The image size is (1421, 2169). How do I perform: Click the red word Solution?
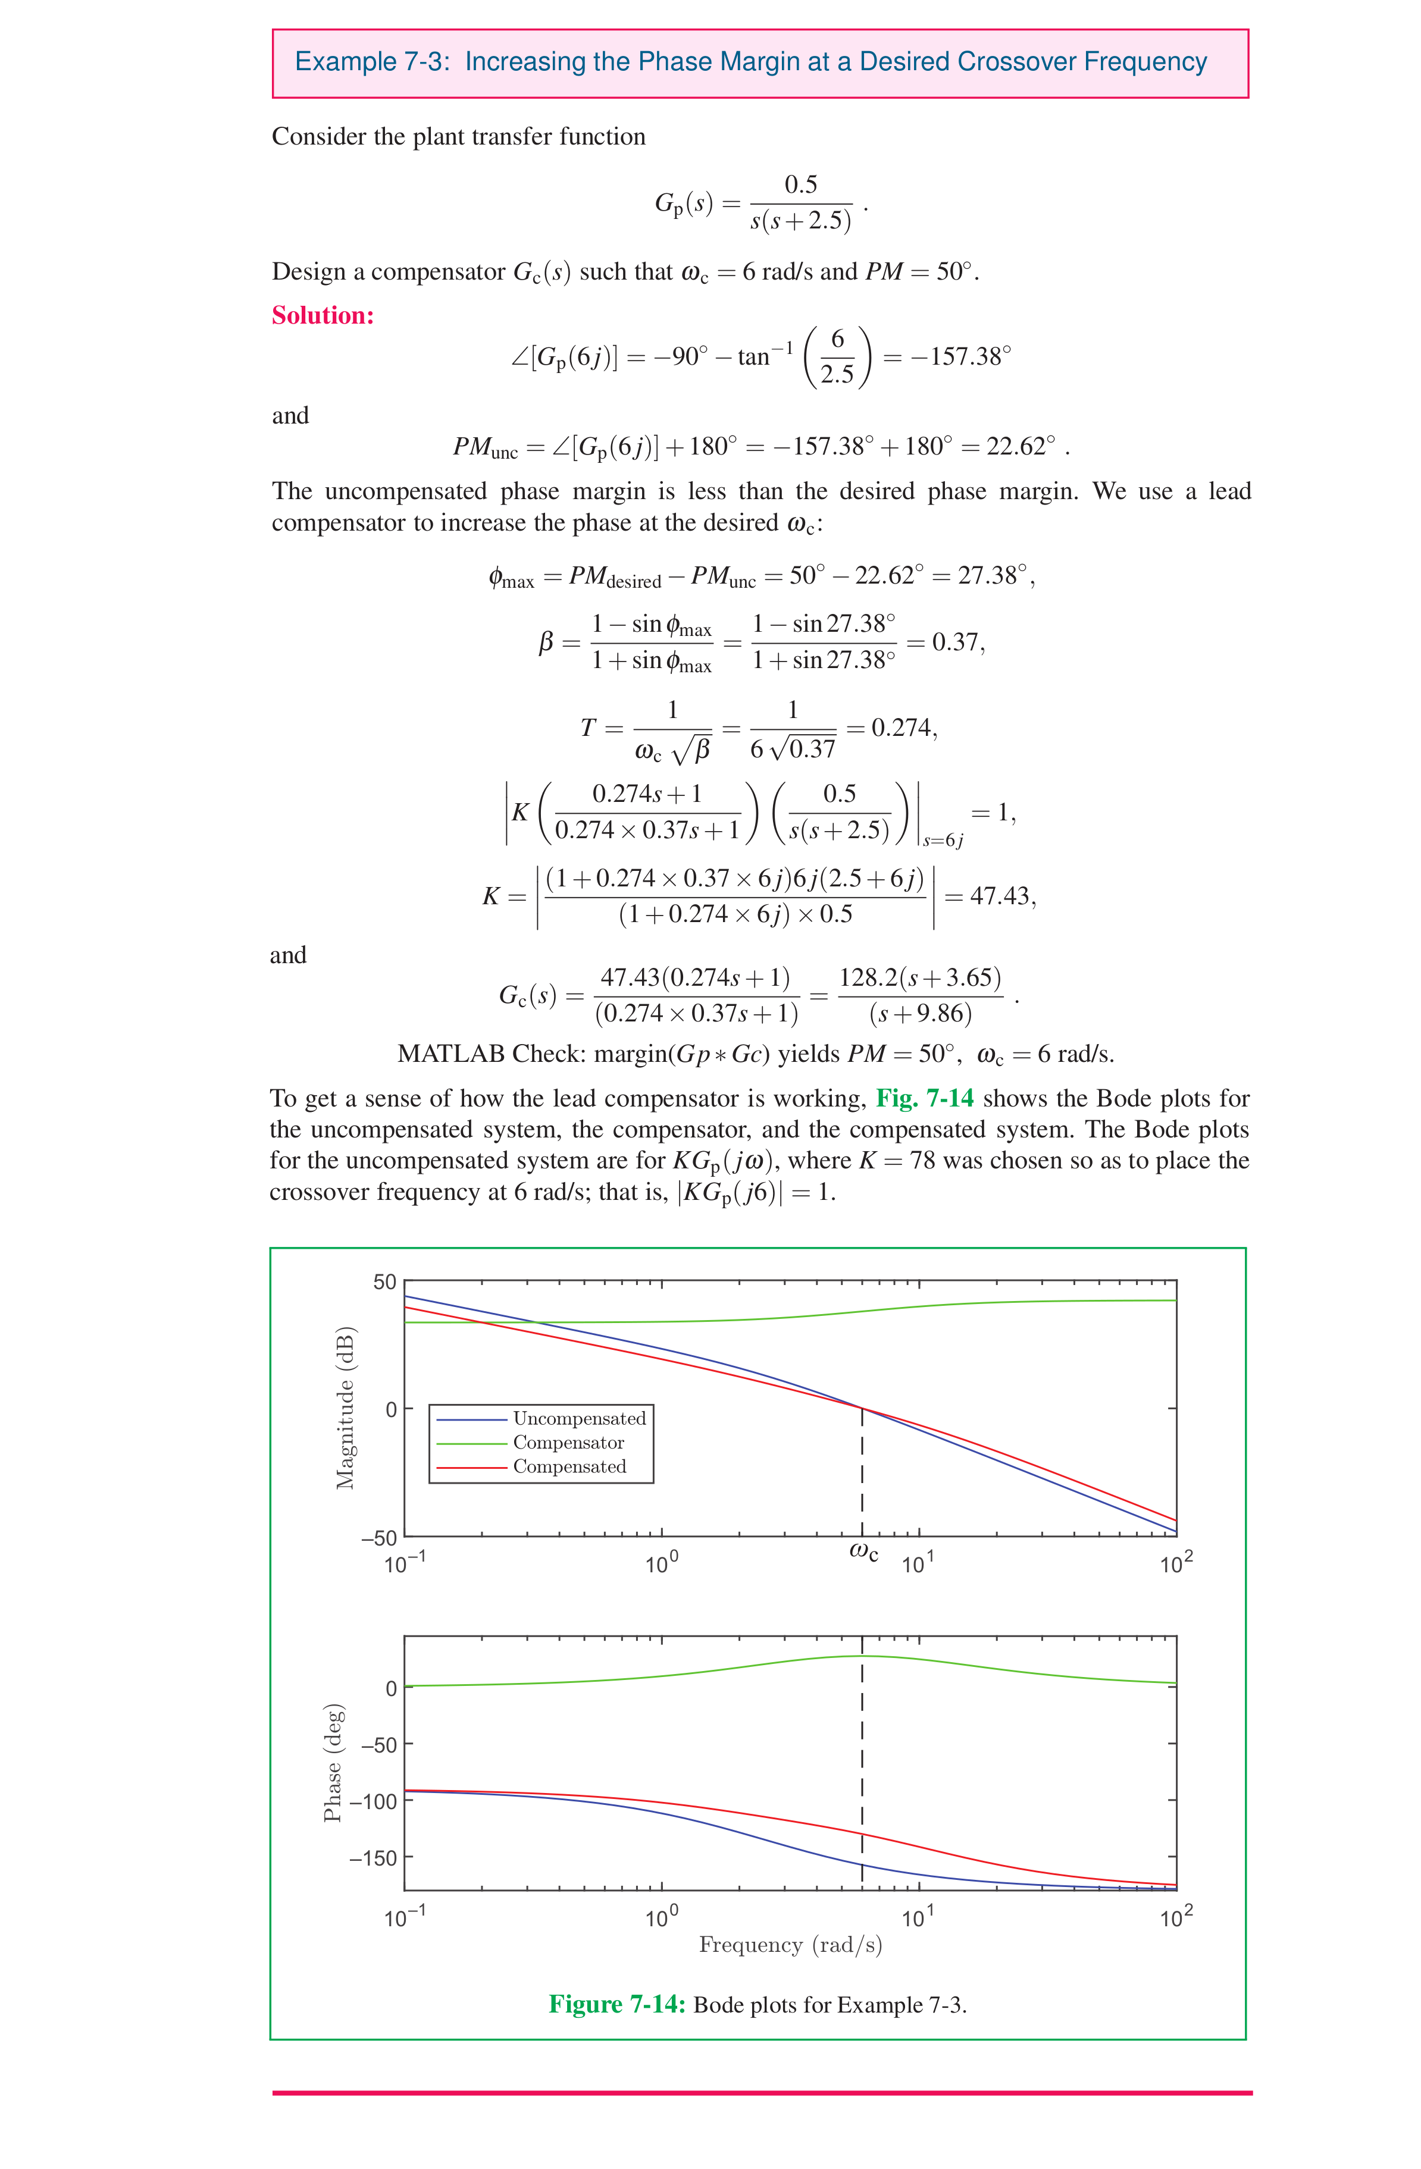click(x=323, y=315)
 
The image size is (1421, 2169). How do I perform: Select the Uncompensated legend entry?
click(x=579, y=1418)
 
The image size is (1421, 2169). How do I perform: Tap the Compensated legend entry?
click(x=569, y=1466)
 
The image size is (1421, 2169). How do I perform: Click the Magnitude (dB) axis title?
click(x=345, y=1408)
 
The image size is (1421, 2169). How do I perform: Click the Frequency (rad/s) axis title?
click(x=790, y=1945)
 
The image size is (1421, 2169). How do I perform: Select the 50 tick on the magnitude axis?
click(x=384, y=1282)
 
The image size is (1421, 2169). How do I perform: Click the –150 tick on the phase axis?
click(x=374, y=1857)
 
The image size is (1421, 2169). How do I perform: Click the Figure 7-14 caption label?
click(x=616, y=2004)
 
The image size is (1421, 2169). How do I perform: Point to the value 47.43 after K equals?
click(x=1000, y=896)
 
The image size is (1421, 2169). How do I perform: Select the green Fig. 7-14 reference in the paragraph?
click(x=924, y=1098)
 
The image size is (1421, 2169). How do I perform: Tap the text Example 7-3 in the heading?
click(x=372, y=62)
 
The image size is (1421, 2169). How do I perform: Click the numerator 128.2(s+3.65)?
click(x=920, y=978)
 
